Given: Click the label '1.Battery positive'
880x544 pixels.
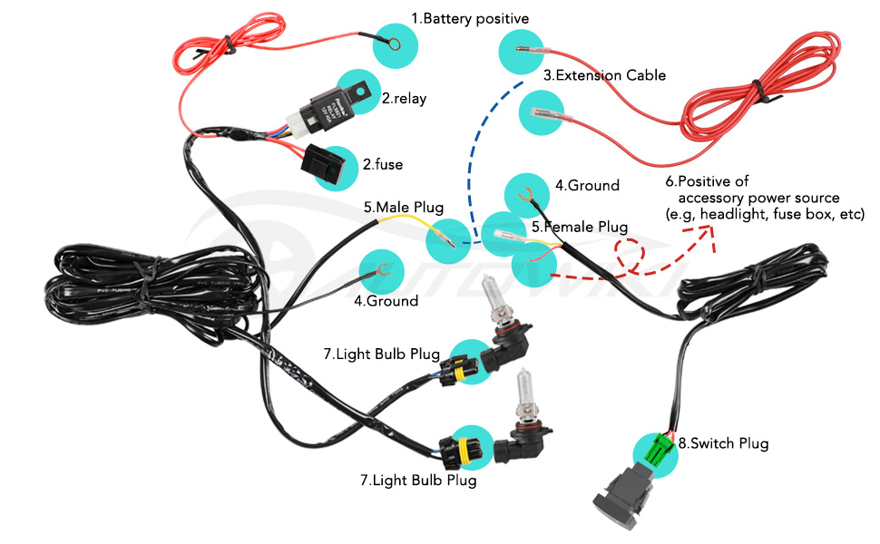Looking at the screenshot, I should pos(469,18).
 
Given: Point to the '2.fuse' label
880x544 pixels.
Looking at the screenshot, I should pos(382,164).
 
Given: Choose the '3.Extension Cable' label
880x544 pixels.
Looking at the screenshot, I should pos(604,75).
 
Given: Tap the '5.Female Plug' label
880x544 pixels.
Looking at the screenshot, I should pos(580,227).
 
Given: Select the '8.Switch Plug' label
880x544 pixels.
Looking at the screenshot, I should pos(728,443).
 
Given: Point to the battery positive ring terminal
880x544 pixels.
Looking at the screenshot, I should pos(396,42).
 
